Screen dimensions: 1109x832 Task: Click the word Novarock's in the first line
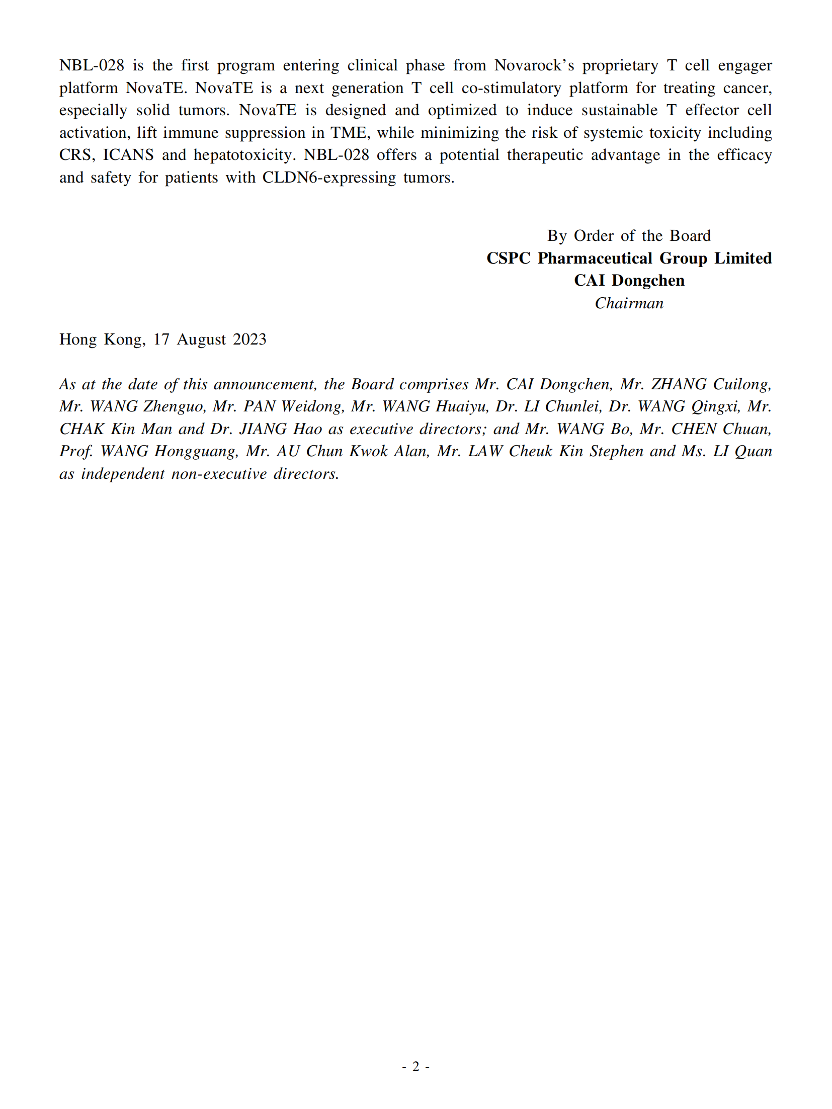[x=534, y=65]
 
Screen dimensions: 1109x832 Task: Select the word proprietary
[x=620, y=65]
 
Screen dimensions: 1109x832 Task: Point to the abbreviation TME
[x=349, y=133]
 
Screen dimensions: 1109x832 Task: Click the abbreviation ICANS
[x=128, y=155]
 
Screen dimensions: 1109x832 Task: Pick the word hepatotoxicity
[x=244, y=155]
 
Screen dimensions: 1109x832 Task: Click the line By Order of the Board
[x=629, y=235]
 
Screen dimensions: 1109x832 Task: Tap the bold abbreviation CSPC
[x=508, y=258]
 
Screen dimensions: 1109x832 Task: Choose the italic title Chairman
[x=629, y=303]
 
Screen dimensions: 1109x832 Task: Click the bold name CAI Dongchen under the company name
[x=629, y=281]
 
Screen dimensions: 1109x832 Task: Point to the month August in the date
[x=201, y=339]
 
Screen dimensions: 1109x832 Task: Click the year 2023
[x=249, y=339]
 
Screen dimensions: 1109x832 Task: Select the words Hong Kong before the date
[x=102, y=339]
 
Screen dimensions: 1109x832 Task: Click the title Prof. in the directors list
[x=76, y=451]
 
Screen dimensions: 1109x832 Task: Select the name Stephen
[x=616, y=451]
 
